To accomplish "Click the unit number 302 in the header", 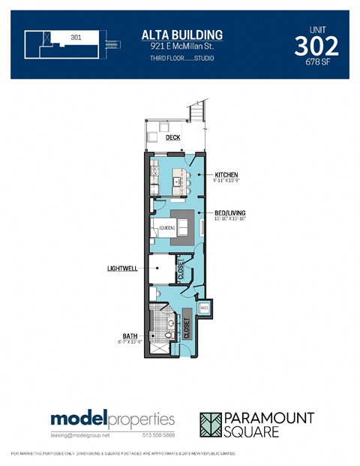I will click(x=316, y=46).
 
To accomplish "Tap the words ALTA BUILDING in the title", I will click(x=182, y=35).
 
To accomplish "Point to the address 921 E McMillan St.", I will click(x=182, y=47).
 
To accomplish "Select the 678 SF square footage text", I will click(x=316, y=62).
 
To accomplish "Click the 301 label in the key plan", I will click(x=76, y=36).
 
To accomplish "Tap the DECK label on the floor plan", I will click(x=173, y=137).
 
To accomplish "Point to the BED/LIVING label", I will click(x=229, y=213).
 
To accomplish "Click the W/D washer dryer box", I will click(x=204, y=308).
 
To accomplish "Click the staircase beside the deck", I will click(x=197, y=113).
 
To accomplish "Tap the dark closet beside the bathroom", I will click(x=186, y=326).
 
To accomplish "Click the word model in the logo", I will click(x=79, y=419).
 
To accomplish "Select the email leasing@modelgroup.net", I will click(x=80, y=434).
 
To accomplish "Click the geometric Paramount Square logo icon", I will click(x=214, y=425).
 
